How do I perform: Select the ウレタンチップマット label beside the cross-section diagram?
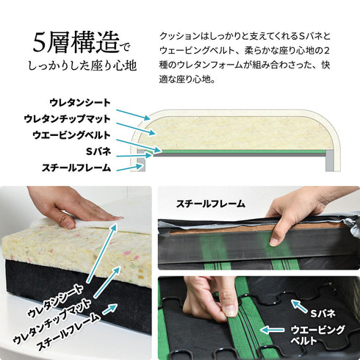click(68, 118)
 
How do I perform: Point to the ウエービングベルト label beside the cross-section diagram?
click(72, 135)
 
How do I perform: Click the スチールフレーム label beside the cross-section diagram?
click(76, 168)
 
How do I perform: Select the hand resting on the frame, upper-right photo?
click(294, 213)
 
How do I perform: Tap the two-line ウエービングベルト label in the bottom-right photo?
click(315, 335)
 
